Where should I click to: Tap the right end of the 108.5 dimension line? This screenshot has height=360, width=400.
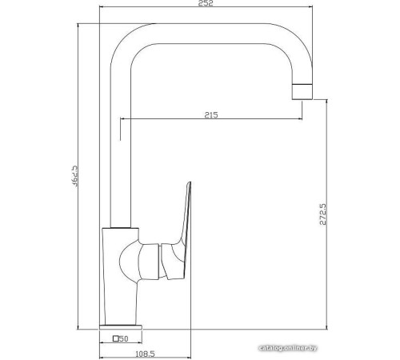point(194,346)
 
